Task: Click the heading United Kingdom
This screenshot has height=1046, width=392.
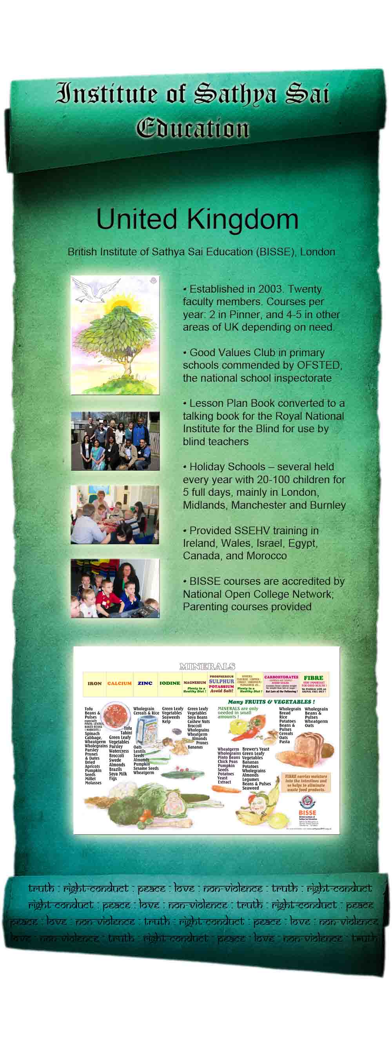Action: point(197,219)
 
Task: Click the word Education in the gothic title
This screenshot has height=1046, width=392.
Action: point(192,129)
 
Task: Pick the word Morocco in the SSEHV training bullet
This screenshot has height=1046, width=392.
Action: point(268,555)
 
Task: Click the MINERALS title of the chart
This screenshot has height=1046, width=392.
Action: point(207,666)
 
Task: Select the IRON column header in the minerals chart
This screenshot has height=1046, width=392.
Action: point(94,683)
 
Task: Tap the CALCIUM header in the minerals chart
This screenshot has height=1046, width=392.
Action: point(119,683)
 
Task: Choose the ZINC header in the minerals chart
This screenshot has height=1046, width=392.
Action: point(145,683)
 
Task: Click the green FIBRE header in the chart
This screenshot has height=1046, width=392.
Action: point(314,678)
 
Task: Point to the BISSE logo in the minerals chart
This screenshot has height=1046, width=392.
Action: point(307,804)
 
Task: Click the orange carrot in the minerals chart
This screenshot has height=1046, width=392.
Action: point(226,790)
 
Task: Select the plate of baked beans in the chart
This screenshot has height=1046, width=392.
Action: point(115,715)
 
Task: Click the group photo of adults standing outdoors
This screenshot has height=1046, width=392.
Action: point(115,441)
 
